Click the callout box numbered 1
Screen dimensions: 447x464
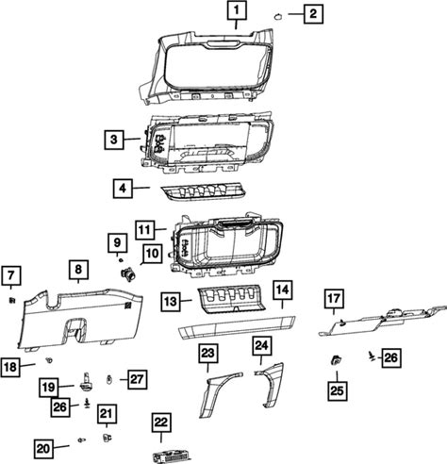click(x=237, y=10)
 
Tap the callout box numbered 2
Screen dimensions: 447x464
click(x=313, y=14)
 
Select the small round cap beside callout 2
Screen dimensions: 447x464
click(x=278, y=16)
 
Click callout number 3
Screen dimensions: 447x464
click(x=114, y=140)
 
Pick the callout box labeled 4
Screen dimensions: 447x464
click(x=123, y=189)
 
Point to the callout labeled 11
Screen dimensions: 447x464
click(x=145, y=230)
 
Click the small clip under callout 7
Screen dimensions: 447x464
click(x=11, y=301)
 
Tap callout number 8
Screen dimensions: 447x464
click(x=78, y=270)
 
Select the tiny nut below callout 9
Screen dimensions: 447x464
click(x=120, y=260)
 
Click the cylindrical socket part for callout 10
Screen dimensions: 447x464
click(x=127, y=273)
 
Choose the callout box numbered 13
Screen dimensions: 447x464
click(x=171, y=302)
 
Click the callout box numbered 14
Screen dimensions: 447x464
click(x=283, y=290)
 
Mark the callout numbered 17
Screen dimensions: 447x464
click(x=334, y=299)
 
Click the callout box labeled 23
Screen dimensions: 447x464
click(x=207, y=354)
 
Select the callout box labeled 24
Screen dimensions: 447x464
click(x=261, y=346)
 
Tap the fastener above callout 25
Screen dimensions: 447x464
click(x=336, y=360)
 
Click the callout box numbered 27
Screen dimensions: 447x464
click(x=137, y=379)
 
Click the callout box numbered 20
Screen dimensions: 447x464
click(x=43, y=449)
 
